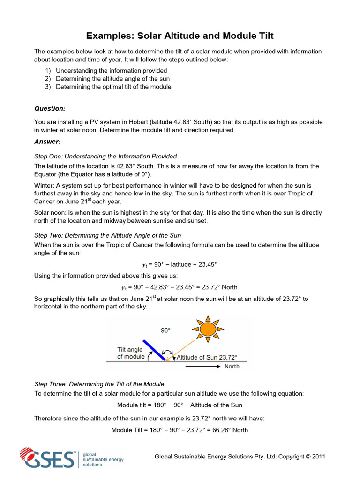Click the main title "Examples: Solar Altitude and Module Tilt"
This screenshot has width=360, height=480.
[x=180, y=36]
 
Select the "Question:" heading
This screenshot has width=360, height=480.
[x=50, y=108]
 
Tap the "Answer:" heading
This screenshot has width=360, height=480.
[x=47, y=141]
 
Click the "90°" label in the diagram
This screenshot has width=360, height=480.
[x=165, y=330]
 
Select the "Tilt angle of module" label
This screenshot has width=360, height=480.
[x=131, y=353]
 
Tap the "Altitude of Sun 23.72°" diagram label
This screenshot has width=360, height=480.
[x=207, y=357]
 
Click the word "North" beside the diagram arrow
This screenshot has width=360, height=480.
[x=232, y=366]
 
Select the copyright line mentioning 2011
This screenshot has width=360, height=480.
[x=240, y=457]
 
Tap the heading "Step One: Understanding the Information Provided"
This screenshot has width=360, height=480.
[x=105, y=156]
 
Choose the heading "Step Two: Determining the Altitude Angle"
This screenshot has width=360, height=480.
[x=108, y=235]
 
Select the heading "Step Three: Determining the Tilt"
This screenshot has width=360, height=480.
[x=99, y=384]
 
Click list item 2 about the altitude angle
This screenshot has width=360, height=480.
[x=112, y=79]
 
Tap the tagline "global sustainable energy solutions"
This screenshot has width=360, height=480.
[x=103, y=459]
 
